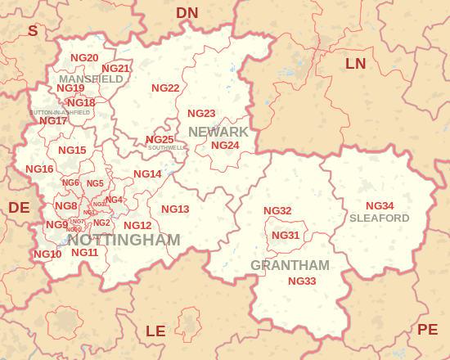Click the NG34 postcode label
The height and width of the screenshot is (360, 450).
click(x=380, y=205)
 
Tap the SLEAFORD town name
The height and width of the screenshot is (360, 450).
click(x=379, y=218)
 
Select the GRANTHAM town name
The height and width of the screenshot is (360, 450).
click(x=290, y=265)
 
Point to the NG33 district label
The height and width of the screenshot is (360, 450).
click(x=302, y=281)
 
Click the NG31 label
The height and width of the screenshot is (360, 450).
click(x=286, y=235)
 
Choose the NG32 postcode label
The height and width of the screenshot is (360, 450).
click(x=277, y=210)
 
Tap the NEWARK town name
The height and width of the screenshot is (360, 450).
click(x=218, y=132)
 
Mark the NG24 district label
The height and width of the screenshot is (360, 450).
click(x=225, y=145)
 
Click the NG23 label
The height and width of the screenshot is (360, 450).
click(x=201, y=113)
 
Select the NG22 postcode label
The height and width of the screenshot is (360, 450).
click(x=165, y=88)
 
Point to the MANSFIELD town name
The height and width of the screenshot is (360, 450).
click(x=91, y=79)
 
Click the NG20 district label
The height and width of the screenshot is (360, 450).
click(x=84, y=57)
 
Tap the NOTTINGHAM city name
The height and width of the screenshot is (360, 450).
click(x=124, y=240)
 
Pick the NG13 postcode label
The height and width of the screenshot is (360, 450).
click(x=175, y=209)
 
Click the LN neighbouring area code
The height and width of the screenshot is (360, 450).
click(x=356, y=63)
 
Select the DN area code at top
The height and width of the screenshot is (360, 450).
click(x=187, y=12)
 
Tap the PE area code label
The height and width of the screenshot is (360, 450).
click(x=428, y=329)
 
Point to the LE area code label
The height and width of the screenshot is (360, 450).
click(x=155, y=331)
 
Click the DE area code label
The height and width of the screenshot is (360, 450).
click(x=19, y=208)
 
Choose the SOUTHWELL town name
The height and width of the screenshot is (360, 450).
click(x=167, y=148)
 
